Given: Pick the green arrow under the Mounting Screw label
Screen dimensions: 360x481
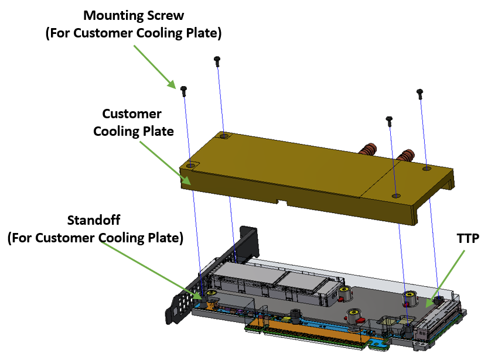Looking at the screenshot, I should pyautogui.click(x=155, y=66).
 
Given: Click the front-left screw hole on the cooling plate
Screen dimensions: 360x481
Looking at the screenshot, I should pyautogui.click(x=191, y=166).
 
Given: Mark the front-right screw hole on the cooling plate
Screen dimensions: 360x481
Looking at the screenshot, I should pyautogui.click(x=397, y=196).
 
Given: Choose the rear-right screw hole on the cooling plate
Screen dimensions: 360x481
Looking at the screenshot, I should pyautogui.click(x=427, y=168).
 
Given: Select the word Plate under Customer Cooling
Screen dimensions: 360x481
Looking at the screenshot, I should pyautogui.click(x=158, y=131).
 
